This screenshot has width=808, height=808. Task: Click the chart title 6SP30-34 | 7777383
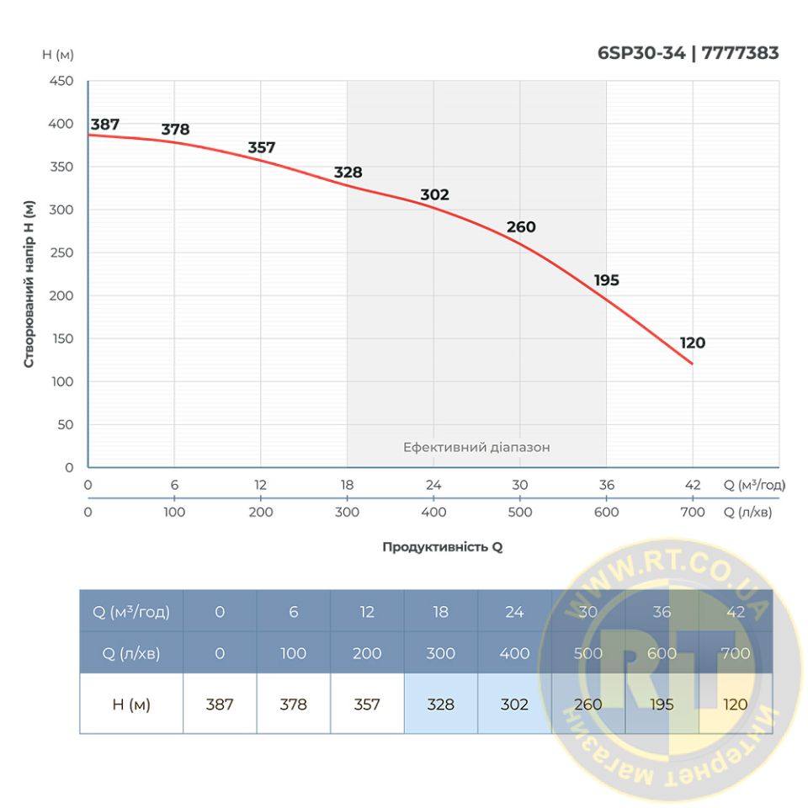tap(688, 53)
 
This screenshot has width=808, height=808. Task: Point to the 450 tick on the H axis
tap(63, 82)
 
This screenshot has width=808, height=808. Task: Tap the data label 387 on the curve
tap(105, 125)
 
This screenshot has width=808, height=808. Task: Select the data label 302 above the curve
tap(434, 194)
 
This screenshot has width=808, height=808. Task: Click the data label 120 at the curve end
tap(693, 343)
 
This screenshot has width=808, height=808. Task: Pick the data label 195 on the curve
tap(606, 280)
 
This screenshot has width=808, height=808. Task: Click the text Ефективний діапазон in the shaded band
tap(476, 447)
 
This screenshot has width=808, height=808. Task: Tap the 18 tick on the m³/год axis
tap(347, 485)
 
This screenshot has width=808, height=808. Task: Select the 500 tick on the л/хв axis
tap(519, 512)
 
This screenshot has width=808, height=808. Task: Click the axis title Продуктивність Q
tap(442, 546)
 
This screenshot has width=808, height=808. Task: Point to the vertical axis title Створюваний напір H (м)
tap(29, 284)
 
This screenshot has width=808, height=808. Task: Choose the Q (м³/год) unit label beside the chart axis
tap(753, 485)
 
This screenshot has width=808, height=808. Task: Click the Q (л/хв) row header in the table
tap(131, 653)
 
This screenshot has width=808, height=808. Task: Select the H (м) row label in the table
tap(131, 704)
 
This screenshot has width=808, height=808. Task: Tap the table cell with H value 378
tap(293, 704)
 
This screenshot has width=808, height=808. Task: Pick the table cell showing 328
tap(440, 704)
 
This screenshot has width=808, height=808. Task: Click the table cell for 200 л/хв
tap(367, 653)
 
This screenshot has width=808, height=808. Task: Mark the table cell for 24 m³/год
tap(514, 612)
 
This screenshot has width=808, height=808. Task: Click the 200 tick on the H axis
tap(63, 295)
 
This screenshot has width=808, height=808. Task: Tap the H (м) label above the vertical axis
tap(58, 55)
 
